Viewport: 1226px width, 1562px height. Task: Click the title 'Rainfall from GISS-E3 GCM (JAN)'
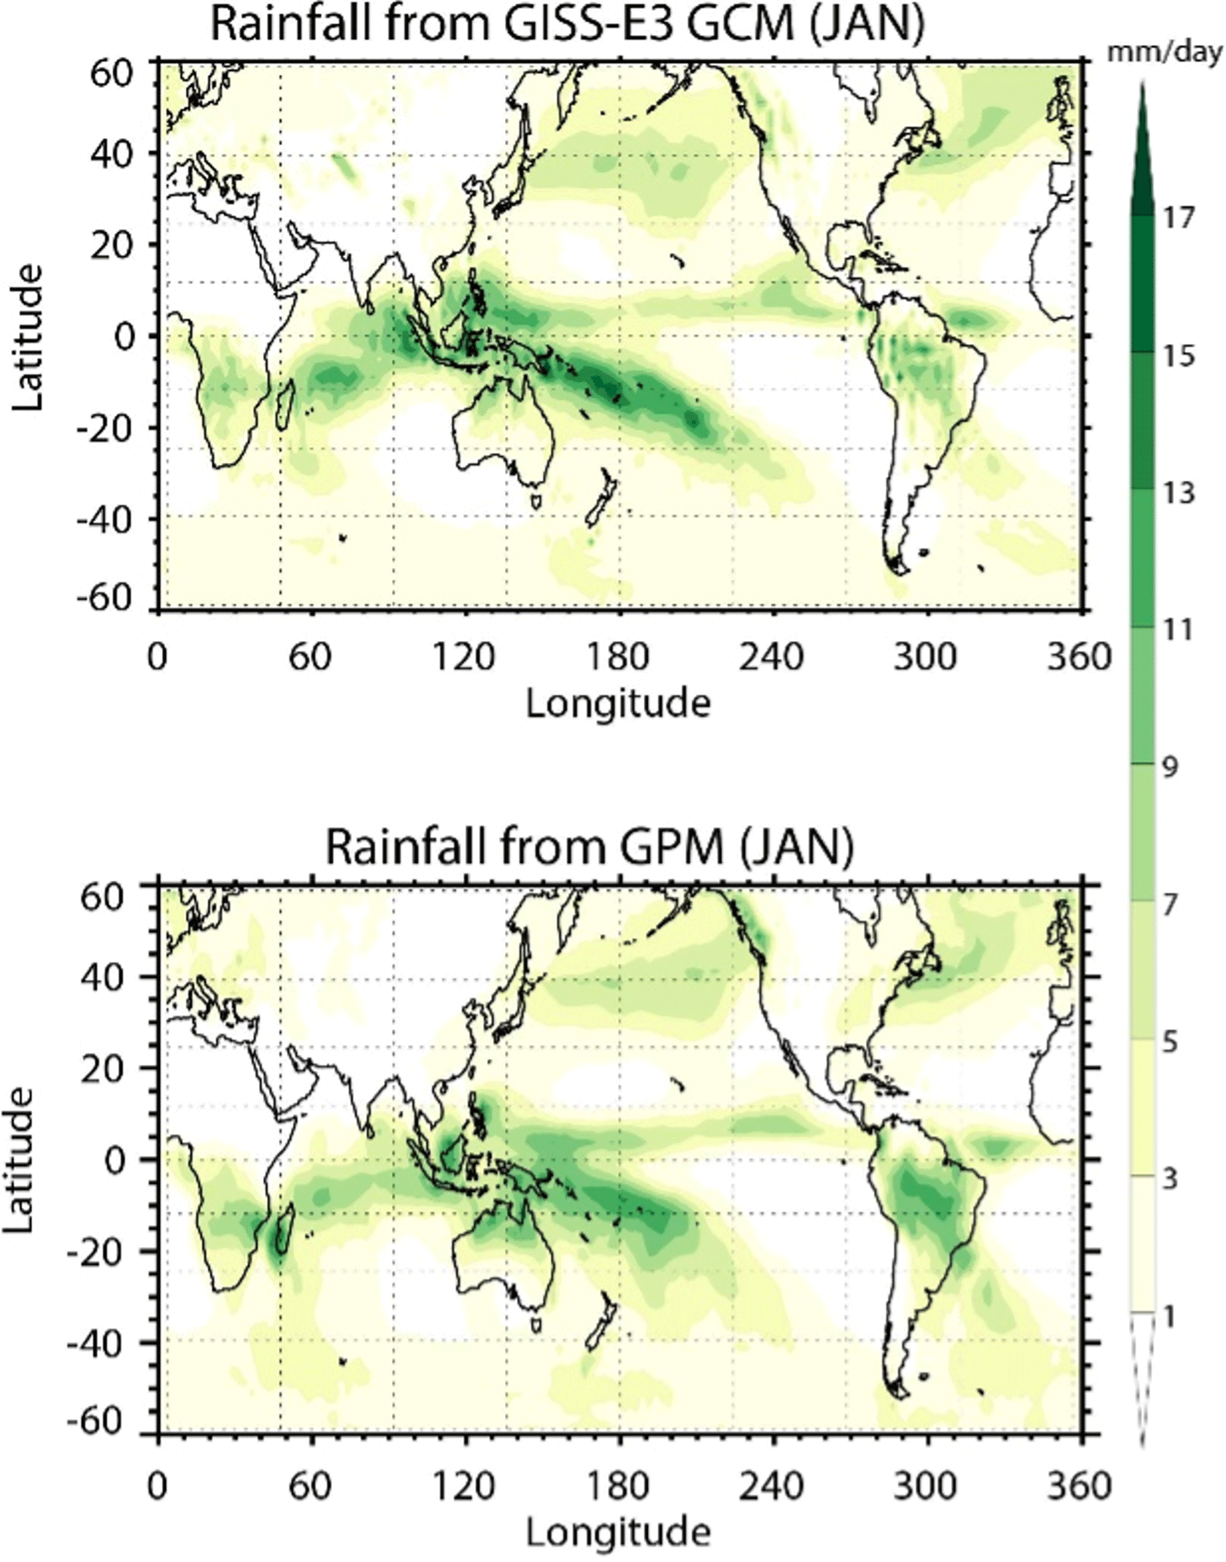tap(567, 25)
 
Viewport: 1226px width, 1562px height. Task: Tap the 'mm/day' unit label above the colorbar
tap(1165, 53)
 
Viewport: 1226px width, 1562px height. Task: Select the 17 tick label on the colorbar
tap(1179, 218)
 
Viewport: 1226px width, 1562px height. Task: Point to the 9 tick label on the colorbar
tap(1171, 768)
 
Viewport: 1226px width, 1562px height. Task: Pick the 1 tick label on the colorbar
tap(1169, 1318)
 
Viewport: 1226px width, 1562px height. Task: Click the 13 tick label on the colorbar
tap(1179, 493)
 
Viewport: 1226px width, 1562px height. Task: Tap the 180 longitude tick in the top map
tap(618, 657)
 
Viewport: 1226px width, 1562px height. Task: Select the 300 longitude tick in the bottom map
tap(925, 1486)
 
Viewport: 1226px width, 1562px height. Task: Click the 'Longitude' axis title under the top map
tap(618, 703)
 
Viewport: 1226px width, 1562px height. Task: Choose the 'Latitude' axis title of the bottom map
tap(19, 1159)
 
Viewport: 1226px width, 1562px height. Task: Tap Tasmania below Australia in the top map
tap(536, 499)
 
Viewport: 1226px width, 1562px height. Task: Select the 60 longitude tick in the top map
tap(310, 657)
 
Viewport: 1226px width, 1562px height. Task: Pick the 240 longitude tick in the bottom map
tap(771, 1486)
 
